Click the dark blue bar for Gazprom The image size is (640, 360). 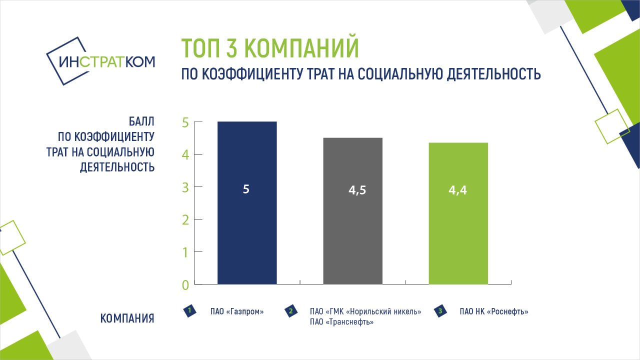tap(247, 203)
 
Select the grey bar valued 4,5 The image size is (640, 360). tap(353, 211)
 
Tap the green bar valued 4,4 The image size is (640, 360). tap(458, 213)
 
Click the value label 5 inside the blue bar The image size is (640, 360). tap(246, 189)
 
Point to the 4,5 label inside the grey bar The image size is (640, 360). tap(357, 190)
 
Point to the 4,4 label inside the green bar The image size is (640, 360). tap(457, 190)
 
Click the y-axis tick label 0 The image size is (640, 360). tap(185, 285)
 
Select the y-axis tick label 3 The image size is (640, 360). tap(185, 187)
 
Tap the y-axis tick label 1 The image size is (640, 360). tap(185, 252)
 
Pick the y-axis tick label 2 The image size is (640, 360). tap(185, 220)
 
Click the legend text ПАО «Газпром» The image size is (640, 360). tap(237, 311)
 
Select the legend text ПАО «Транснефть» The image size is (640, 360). tap(341, 322)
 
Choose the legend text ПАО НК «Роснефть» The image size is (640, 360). tap(494, 311)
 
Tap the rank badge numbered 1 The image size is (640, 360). tap(189, 311)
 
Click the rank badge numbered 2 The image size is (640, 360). tap(291, 311)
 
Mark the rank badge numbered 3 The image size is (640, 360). tap(440, 311)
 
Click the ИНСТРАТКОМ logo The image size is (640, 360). tap(100, 61)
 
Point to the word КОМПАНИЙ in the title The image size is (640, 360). tap(301, 47)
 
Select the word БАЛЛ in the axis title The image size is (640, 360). tap(141, 121)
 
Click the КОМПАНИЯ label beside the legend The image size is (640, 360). tap(127, 318)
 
